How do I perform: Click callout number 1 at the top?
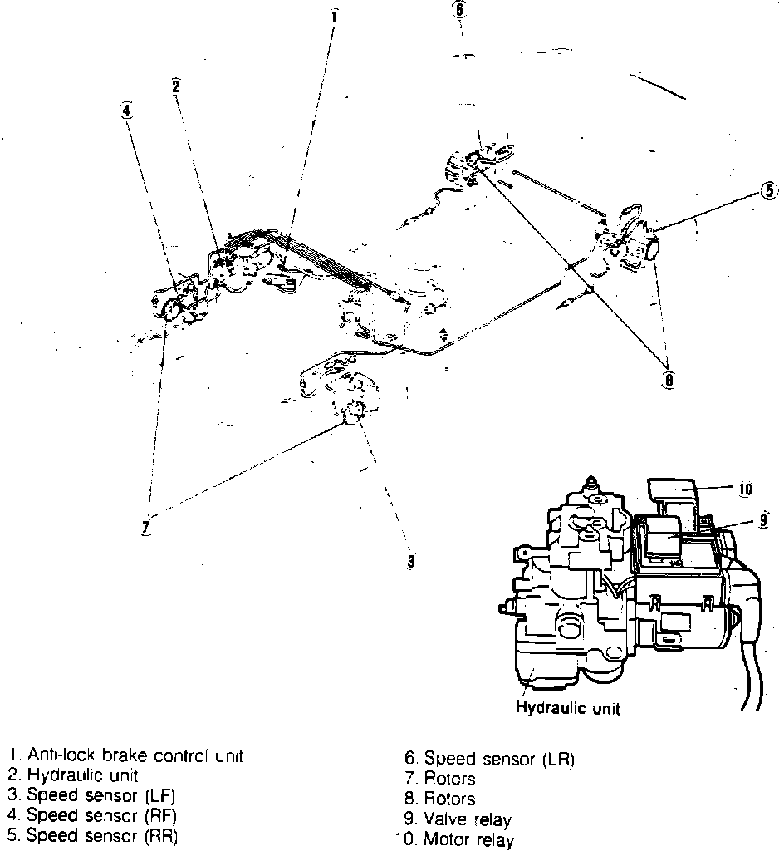pyautogui.click(x=333, y=14)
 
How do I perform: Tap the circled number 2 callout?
pyautogui.click(x=176, y=86)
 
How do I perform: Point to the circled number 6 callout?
pyautogui.click(x=461, y=11)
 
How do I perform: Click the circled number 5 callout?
pyautogui.click(x=768, y=190)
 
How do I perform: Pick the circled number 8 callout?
pyautogui.click(x=669, y=380)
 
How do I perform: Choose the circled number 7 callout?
pyautogui.click(x=146, y=527)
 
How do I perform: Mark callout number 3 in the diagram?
pyautogui.click(x=410, y=562)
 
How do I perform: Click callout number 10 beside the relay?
pyautogui.click(x=745, y=489)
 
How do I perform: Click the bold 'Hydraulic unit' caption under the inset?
pyautogui.click(x=568, y=709)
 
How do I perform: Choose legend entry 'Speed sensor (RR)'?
pyautogui.click(x=93, y=835)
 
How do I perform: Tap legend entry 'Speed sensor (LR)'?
pyautogui.click(x=489, y=758)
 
